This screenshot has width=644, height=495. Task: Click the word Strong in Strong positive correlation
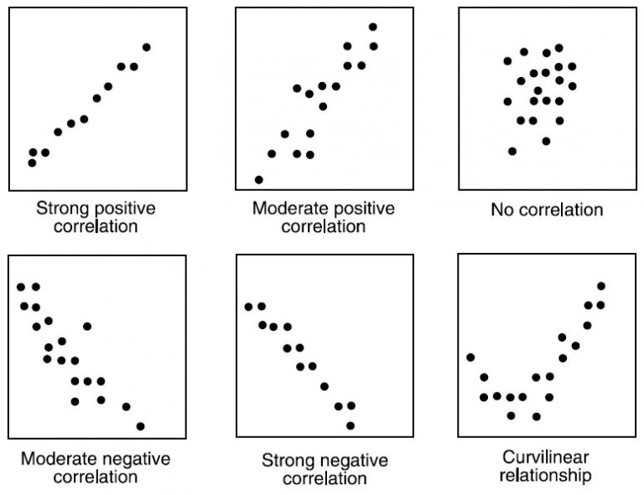click(58, 208)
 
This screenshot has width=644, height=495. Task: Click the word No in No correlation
click(501, 209)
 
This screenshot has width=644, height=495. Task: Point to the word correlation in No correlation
click(558, 209)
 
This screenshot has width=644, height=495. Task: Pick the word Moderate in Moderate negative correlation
click(56, 459)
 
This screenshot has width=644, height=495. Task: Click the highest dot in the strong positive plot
click(147, 47)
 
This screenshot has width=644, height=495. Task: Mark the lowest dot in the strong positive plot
click(32, 162)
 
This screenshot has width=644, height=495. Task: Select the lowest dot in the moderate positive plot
click(258, 179)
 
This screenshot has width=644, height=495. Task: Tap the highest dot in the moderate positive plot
click(373, 27)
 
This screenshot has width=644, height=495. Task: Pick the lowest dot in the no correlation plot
click(512, 151)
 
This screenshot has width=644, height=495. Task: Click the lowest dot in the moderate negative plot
click(140, 425)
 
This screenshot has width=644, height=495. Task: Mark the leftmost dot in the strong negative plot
click(248, 307)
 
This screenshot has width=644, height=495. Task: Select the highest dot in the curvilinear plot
click(600, 286)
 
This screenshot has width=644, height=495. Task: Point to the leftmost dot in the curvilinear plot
click(470, 358)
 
